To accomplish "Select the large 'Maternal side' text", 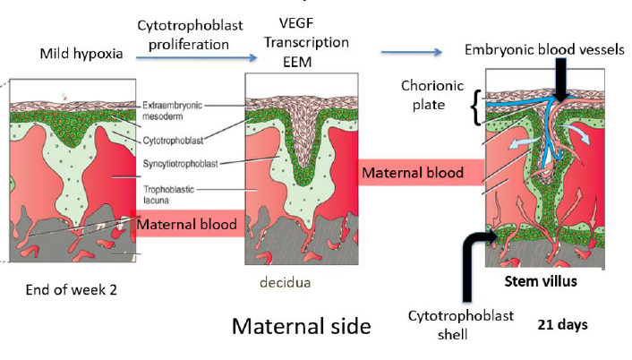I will tap(301, 325).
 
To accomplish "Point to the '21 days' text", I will tap(562, 325).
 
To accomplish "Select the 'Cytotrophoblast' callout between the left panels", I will tap(176, 140).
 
